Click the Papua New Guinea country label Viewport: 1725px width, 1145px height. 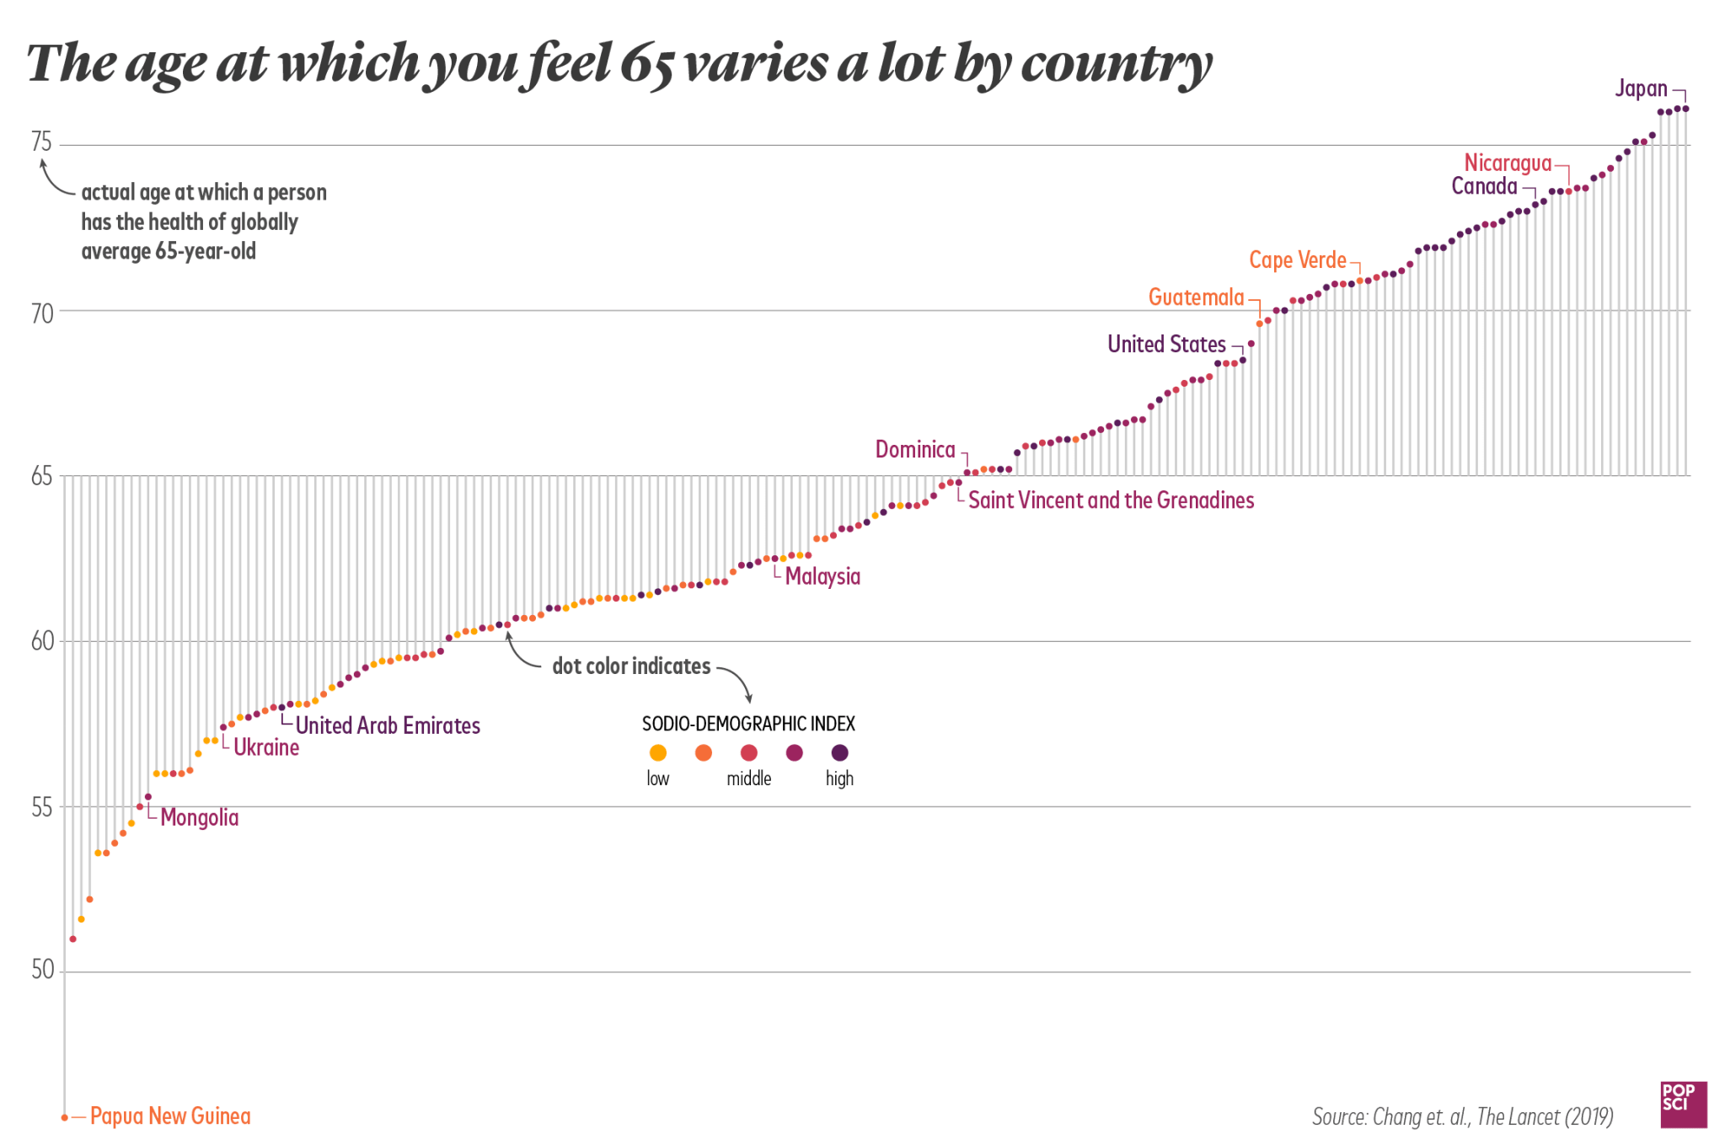click(170, 1116)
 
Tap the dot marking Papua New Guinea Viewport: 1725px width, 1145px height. click(65, 1117)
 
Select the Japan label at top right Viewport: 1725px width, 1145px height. click(1640, 89)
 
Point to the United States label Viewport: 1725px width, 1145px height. click(1166, 344)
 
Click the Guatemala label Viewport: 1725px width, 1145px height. click(1196, 297)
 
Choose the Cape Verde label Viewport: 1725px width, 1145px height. click(1298, 259)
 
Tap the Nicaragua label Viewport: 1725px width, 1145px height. click(1507, 163)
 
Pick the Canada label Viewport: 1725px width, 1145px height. click(1484, 186)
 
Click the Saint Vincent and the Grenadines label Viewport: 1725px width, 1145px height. click(1111, 500)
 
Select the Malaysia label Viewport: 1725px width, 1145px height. click(822, 576)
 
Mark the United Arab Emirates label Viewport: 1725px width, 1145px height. click(388, 725)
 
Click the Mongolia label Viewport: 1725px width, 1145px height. click(200, 817)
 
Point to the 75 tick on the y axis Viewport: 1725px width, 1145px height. click(41, 142)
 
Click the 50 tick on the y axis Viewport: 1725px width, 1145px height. click(41, 971)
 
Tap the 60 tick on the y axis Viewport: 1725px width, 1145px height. click(41, 640)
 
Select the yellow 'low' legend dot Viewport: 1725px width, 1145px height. click(658, 752)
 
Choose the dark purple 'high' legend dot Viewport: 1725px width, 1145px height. click(840, 752)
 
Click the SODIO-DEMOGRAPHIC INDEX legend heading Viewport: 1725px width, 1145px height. click(748, 724)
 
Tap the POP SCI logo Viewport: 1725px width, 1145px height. click(1682, 1104)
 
